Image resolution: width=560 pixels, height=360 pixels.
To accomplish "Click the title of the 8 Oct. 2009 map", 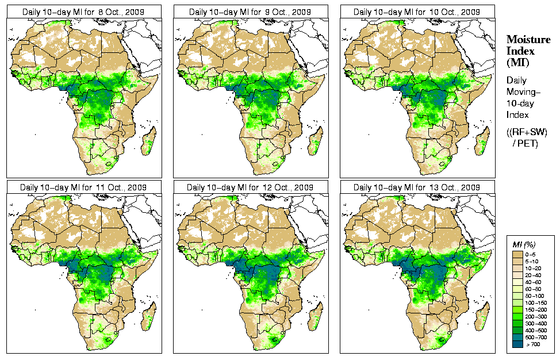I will pos(83,12).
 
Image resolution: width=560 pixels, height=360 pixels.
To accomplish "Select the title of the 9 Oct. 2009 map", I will pos(250,12).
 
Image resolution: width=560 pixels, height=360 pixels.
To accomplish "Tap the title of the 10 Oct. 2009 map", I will pos(417,12).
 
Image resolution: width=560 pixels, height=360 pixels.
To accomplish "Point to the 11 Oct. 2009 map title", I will pos(83,187).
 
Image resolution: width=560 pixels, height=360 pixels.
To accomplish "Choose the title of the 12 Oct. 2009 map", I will pos(250,187).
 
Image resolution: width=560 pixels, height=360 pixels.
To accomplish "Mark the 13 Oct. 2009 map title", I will pos(417,187).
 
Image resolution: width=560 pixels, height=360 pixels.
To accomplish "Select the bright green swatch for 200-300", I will pos(517,316).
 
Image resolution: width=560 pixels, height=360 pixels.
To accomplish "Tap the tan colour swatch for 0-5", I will pos(517,254).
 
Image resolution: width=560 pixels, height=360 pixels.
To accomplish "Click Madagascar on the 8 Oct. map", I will pos(149,141).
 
